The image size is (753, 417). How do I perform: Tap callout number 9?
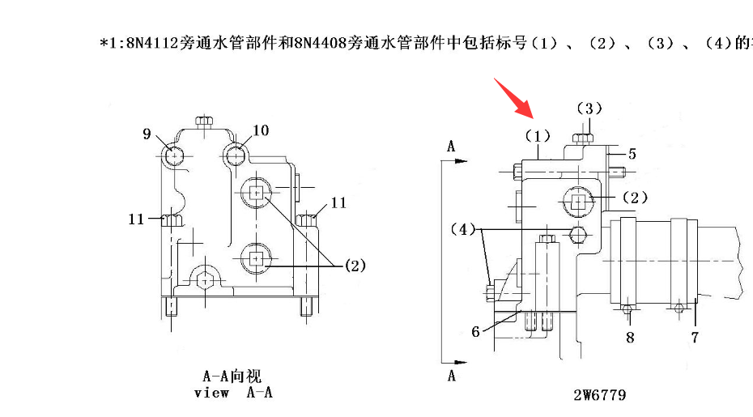point(147,134)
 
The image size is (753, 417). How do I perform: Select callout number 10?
point(260,130)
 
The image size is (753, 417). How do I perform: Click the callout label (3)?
point(589,109)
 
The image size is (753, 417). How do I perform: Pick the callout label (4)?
point(463,229)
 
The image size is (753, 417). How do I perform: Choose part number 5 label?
point(632,152)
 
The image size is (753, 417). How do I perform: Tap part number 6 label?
point(476,331)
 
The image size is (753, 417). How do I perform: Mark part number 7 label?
point(694,337)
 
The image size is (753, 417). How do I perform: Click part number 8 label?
point(629,337)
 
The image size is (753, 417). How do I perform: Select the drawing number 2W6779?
point(599,395)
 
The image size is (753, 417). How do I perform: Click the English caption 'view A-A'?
point(232,393)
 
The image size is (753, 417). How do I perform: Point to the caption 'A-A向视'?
point(232,377)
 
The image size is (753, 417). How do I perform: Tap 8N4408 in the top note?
point(321,42)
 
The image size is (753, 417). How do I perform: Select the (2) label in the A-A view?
point(355,265)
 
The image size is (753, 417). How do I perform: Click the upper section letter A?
point(451,146)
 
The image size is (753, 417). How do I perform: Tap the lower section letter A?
point(451,376)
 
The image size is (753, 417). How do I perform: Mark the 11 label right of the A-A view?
point(338,202)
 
